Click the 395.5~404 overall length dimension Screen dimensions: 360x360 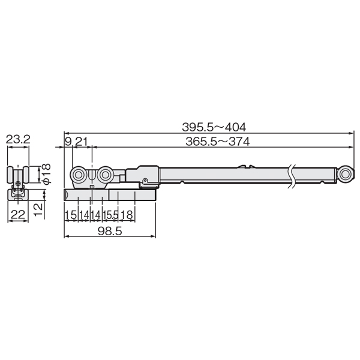[x=214, y=127]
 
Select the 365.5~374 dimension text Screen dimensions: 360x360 [x=217, y=142]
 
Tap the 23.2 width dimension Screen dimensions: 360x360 [x=18, y=139]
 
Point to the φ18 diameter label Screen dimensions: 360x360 [x=47, y=174]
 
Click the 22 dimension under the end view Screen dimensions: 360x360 [x=18, y=215]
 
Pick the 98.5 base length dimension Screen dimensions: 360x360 [x=110, y=231]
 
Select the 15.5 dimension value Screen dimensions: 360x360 [x=110, y=215]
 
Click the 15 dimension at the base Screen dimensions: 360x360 [x=71, y=215]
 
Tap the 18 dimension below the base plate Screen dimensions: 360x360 [x=127, y=215]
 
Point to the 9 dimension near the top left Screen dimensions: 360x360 [x=68, y=142]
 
